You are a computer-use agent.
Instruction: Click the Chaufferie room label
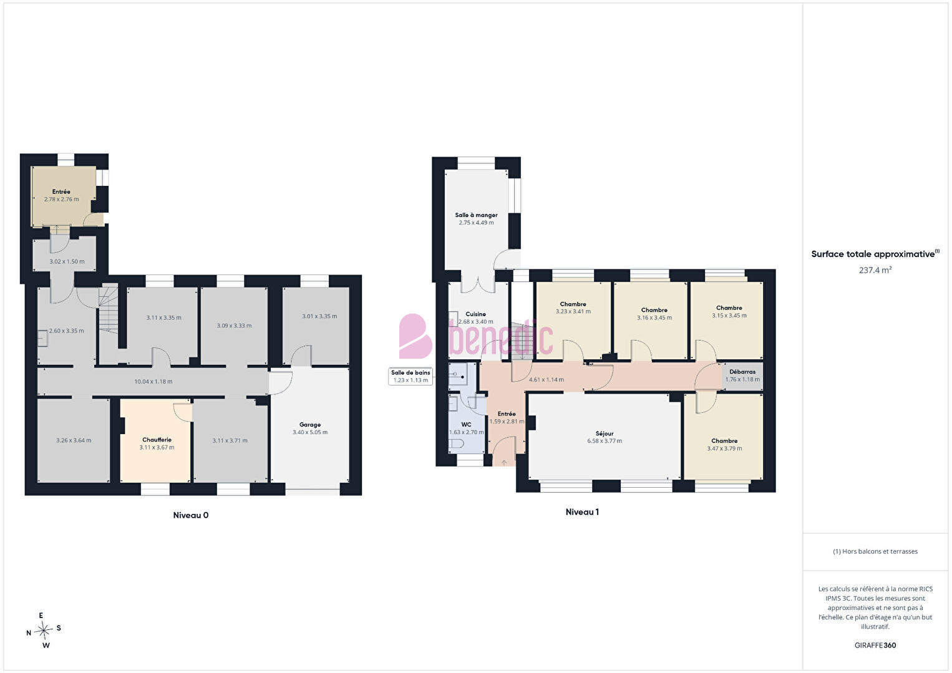click(x=157, y=440)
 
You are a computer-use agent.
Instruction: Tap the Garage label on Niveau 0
click(x=310, y=425)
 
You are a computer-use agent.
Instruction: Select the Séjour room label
click(x=605, y=433)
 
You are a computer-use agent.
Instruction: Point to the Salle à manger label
click(x=476, y=215)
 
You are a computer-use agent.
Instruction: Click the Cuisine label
click(x=475, y=314)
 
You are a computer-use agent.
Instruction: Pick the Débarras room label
click(x=742, y=372)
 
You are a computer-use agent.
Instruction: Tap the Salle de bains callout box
click(x=410, y=377)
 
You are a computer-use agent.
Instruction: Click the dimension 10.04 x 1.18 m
click(x=153, y=382)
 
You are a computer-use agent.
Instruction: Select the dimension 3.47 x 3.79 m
click(x=725, y=448)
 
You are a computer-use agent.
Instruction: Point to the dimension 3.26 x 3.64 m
click(x=74, y=440)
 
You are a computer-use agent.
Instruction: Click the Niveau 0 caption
click(x=191, y=515)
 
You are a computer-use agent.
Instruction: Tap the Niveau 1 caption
click(x=582, y=512)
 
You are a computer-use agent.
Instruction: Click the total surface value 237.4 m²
click(x=875, y=270)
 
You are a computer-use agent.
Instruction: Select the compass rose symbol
click(x=43, y=630)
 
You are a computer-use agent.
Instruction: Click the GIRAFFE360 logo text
click(x=875, y=645)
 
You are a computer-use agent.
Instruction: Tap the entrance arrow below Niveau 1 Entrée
click(x=504, y=462)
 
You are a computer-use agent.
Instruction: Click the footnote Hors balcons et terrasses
click(x=875, y=551)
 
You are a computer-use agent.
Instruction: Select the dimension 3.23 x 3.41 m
click(x=573, y=311)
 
